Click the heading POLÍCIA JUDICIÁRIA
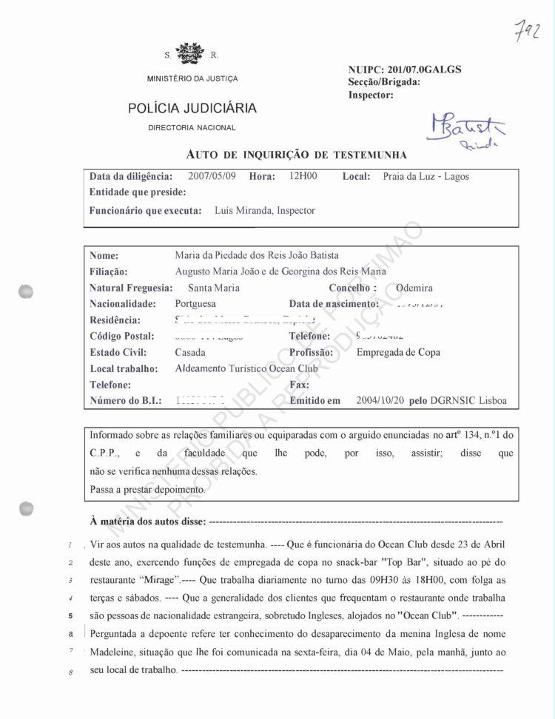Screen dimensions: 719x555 (x=192, y=108)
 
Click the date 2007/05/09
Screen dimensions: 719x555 (x=212, y=177)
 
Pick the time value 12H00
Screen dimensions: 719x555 (x=303, y=177)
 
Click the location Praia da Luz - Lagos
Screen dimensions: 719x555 (x=425, y=177)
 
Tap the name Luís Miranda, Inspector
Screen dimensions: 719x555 (x=264, y=211)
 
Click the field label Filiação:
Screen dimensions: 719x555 (x=109, y=271)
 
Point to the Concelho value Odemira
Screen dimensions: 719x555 (x=414, y=288)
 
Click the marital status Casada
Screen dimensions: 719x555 (x=190, y=353)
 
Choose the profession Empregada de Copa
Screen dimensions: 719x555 (x=398, y=353)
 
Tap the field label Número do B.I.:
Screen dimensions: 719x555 (x=125, y=401)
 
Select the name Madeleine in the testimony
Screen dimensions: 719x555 (x=115, y=652)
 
